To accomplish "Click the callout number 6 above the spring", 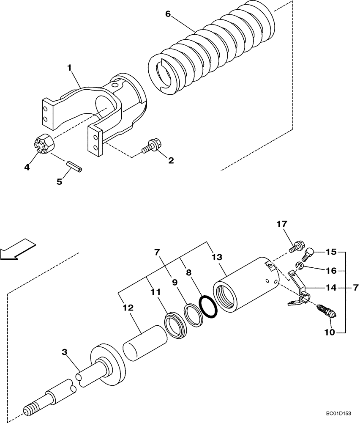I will point(168,14).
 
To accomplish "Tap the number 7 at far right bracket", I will point(355,288).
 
